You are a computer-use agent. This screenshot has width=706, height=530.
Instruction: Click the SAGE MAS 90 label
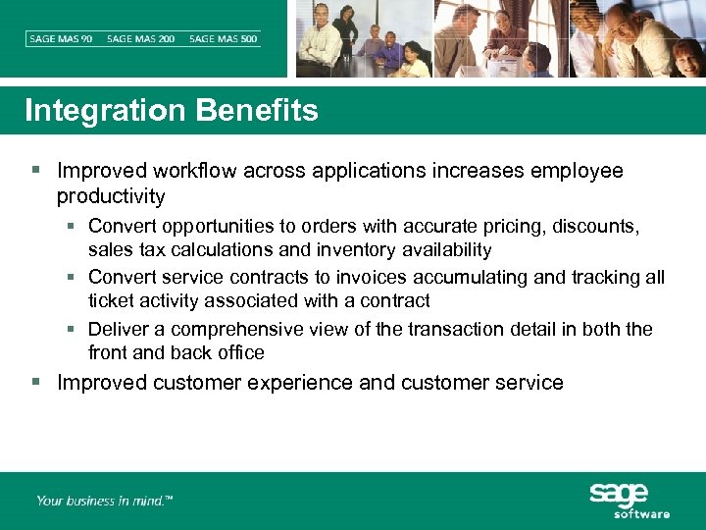click(x=60, y=38)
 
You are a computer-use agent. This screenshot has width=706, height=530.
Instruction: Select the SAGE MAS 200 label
click(x=141, y=38)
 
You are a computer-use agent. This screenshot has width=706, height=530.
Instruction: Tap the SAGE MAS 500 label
click(x=224, y=38)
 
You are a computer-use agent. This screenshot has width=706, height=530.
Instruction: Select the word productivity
click(x=111, y=196)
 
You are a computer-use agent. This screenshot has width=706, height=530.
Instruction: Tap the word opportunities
click(x=221, y=227)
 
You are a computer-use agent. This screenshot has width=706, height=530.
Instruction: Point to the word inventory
click(x=356, y=250)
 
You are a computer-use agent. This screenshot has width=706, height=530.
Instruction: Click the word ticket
click(x=111, y=301)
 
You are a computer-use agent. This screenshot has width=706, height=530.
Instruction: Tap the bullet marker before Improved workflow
click(x=36, y=171)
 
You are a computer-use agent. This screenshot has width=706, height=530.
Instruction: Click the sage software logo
click(x=629, y=501)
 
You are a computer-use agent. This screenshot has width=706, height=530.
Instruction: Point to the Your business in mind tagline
click(x=105, y=501)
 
